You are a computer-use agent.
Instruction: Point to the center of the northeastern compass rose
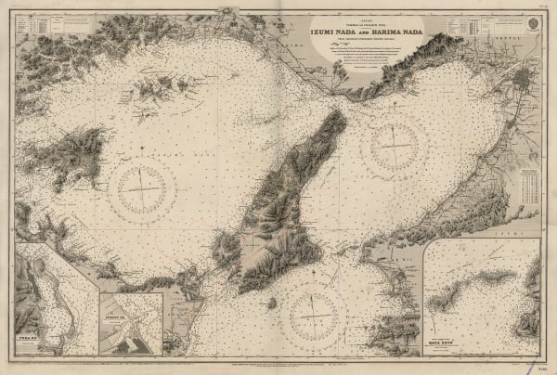398,148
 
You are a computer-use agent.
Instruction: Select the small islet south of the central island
269,302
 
